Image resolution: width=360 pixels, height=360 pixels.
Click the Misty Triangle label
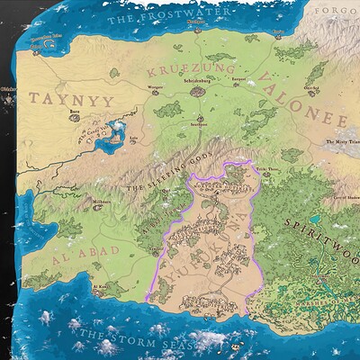coord(341,141)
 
